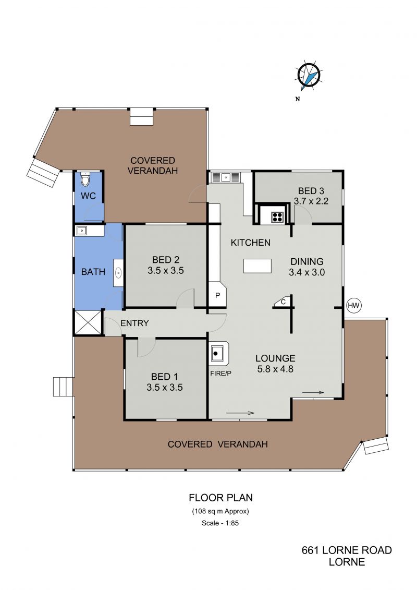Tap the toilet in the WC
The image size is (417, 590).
coord(85,180)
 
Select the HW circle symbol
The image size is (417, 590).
coord(353,305)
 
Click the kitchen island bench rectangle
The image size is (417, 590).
coord(257,266)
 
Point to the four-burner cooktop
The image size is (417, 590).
coord(277,217)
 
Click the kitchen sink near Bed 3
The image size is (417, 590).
coord(226,177)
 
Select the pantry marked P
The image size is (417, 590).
coord(218,295)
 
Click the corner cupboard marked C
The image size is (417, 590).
coord(282,302)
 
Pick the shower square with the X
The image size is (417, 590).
coord(88,322)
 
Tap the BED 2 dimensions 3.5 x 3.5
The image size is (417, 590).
coord(166,271)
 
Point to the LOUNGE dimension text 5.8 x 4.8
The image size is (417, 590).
coord(275,369)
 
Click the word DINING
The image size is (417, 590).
coord(307,261)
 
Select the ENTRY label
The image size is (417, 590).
coord(134,323)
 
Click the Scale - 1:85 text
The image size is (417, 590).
coord(220,523)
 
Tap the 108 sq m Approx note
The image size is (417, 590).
coord(220,511)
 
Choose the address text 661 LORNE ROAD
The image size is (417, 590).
coord(347,550)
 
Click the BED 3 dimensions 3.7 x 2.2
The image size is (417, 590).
coord(311,201)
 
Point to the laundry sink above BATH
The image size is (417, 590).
coord(82,231)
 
